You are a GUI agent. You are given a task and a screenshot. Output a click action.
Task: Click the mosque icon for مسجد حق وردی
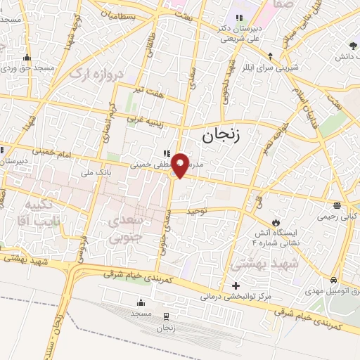tap(27, 57)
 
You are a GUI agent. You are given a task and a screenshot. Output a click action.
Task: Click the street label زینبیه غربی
tap(144, 120)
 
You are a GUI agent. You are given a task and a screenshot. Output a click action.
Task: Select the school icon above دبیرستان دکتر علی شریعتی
tap(238, 18)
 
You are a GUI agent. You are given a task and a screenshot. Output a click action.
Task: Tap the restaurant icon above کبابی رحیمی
tap(337, 205)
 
